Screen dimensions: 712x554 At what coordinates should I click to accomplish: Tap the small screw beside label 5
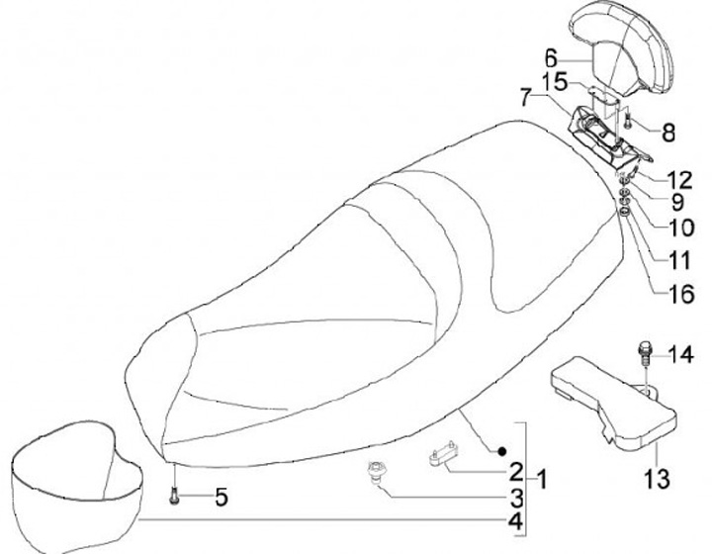[174, 494]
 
